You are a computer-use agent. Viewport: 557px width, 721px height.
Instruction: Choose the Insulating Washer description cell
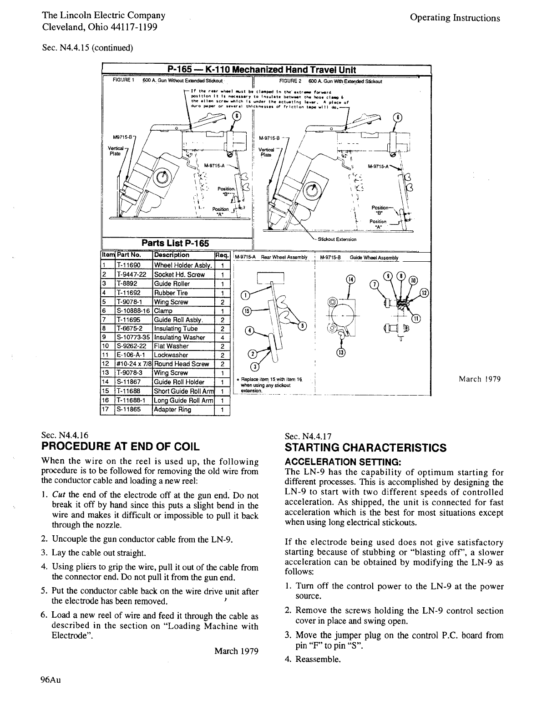point(179,337)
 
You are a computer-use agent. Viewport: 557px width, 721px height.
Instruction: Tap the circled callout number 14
point(350,279)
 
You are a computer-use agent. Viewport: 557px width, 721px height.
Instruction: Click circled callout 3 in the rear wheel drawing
point(255,367)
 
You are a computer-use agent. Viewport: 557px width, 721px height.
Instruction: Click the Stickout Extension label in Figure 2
point(337,239)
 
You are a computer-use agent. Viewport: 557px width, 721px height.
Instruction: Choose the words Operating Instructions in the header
point(455,18)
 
